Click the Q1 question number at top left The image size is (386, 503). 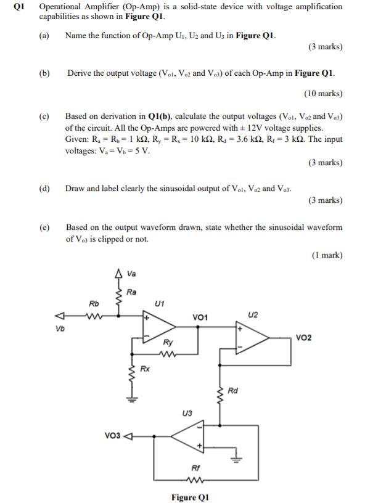click(x=16, y=6)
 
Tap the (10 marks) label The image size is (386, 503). click(x=322, y=93)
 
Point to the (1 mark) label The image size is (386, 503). click(x=327, y=255)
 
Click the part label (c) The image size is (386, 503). click(x=44, y=116)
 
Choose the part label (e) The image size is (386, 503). click(x=44, y=227)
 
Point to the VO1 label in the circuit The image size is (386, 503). click(x=200, y=317)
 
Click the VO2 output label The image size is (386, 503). click(x=304, y=337)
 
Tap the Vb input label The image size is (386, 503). click(x=59, y=328)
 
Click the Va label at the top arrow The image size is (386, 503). click(x=131, y=274)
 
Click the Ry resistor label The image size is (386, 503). click(x=168, y=341)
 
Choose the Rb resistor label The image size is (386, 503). click(x=94, y=303)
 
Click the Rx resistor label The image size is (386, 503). click(x=145, y=369)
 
